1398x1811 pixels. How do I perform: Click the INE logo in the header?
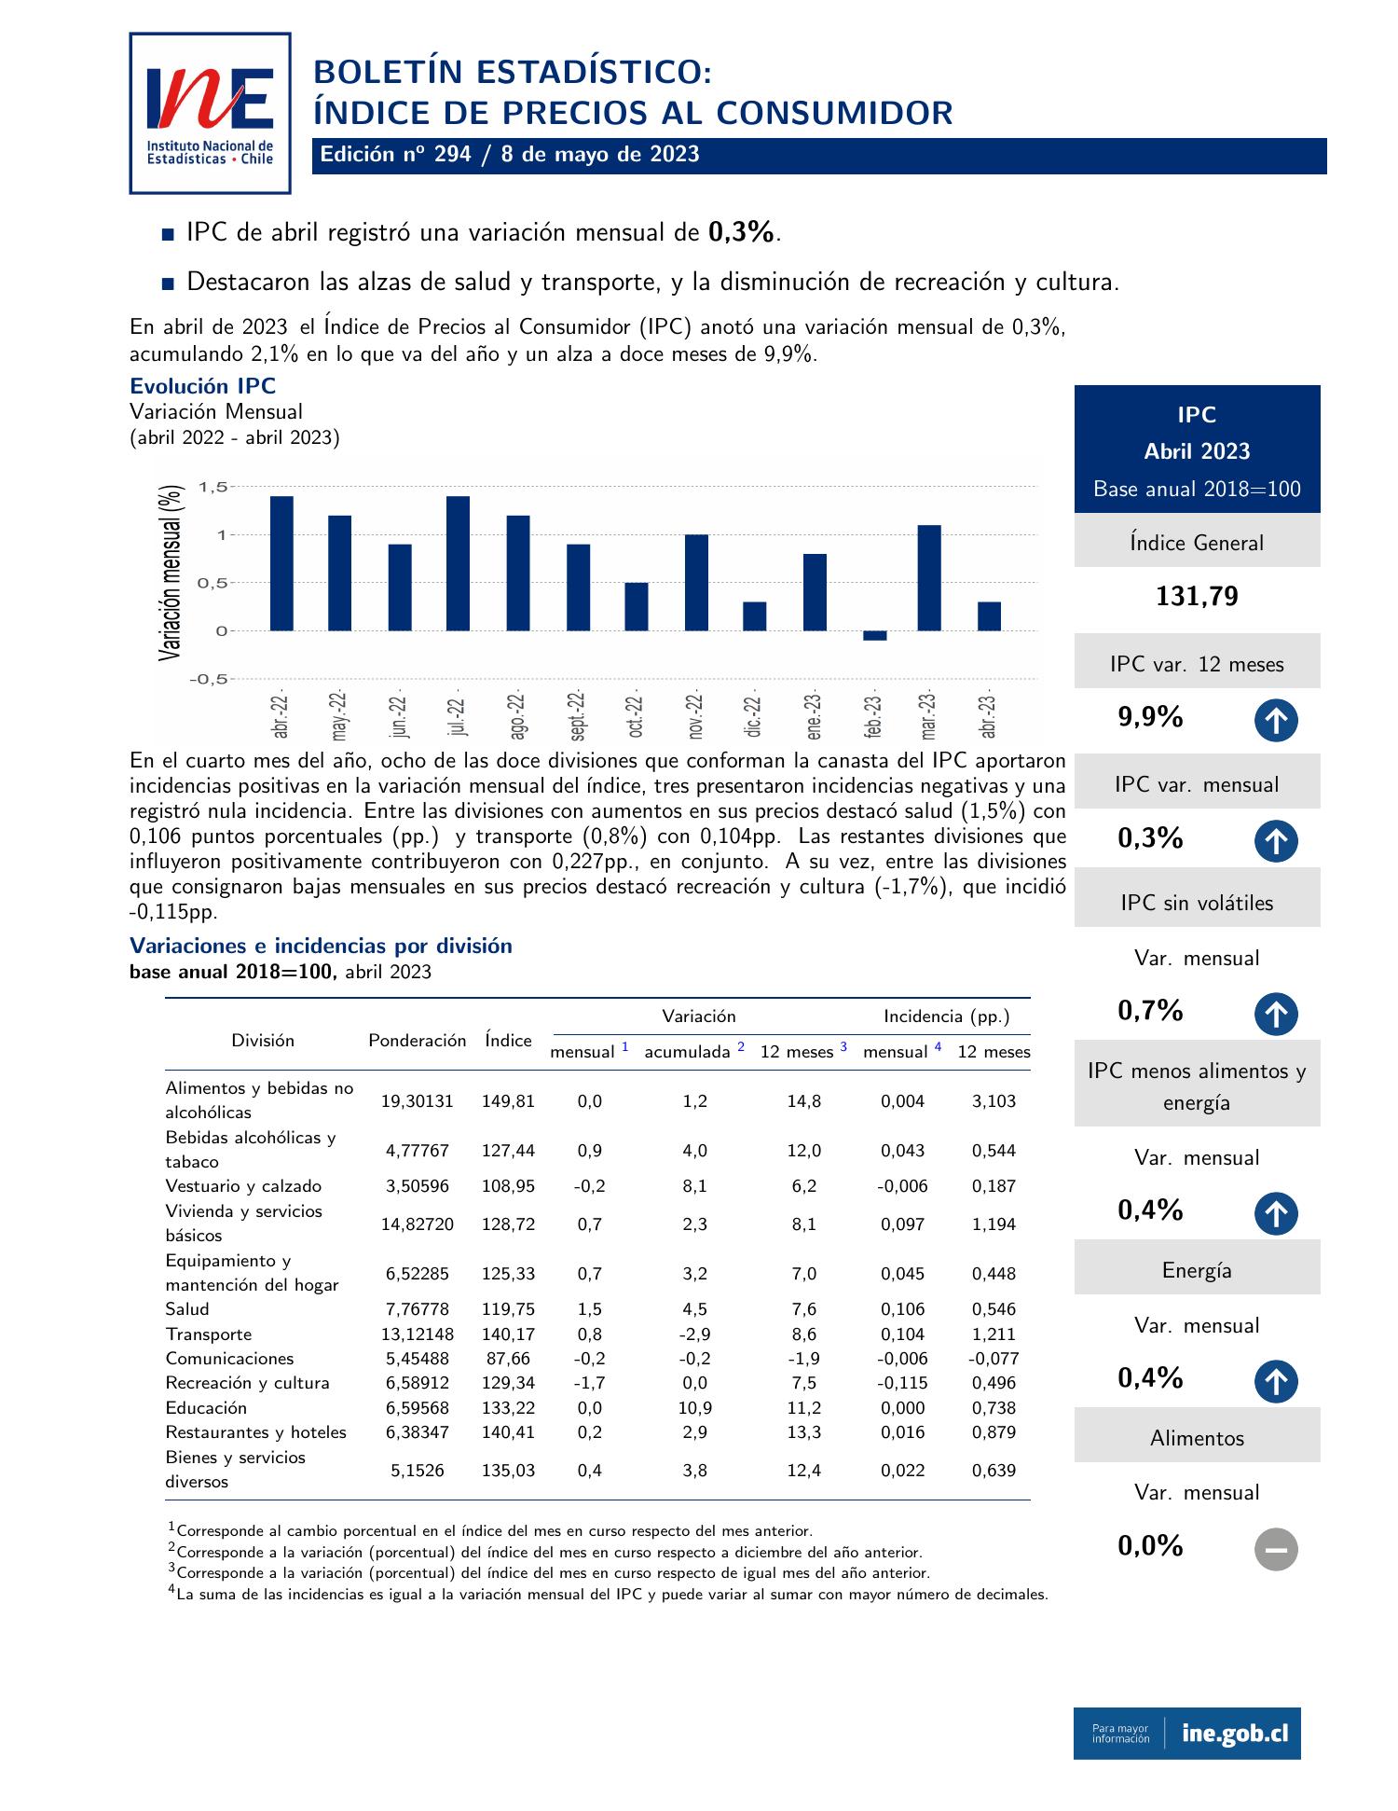pyautogui.click(x=210, y=113)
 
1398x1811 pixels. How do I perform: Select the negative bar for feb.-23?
pyautogui.click(x=874, y=636)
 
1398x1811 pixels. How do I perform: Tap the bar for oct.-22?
pyautogui.click(x=637, y=606)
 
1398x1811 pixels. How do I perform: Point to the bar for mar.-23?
pyautogui.click(x=929, y=578)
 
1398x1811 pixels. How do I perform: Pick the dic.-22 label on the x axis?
pyautogui.click(x=753, y=716)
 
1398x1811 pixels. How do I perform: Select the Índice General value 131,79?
pyautogui.click(x=1197, y=597)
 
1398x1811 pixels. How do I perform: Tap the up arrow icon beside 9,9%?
pyautogui.click(x=1276, y=721)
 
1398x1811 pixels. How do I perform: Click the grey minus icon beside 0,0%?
pyautogui.click(x=1276, y=1549)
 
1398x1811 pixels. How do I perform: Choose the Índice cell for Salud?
pyautogui.click(x=508, y=1309)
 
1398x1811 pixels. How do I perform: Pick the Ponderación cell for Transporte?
pyautogui.click(x=418, y=1334)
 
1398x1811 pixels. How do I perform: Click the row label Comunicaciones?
pyautogui.click(x=229, y=1359)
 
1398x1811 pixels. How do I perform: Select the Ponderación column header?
pyautogui.click(x=417, y=1041)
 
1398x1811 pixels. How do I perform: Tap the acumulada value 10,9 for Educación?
pyautogui.click(x=695, y=1408)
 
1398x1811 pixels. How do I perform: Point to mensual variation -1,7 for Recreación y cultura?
pyautogui.click(x=589, y=1383)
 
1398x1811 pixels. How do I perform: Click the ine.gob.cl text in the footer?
pyautogui.click(x=1235, y=1734)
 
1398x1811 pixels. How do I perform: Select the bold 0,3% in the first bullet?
pyautogui.click(x=742, y=232)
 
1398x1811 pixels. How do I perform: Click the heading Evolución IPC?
pyautogui.click(x=203, y=386)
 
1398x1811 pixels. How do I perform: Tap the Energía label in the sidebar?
pyautogui.click(x=1197, y=1270)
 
